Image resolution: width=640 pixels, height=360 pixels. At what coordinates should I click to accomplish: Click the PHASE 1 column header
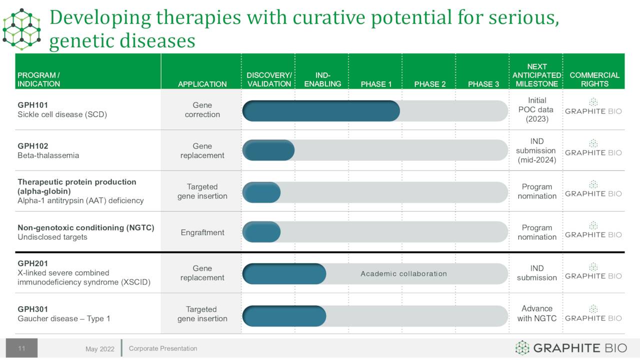pyautogui.click(x=376, y=84)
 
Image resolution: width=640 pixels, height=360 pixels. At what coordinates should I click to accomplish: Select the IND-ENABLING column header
pyautogui.click(x=322, y=79)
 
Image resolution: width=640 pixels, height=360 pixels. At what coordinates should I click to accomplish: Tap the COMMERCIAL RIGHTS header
pyautogui.click(x=594, y=79)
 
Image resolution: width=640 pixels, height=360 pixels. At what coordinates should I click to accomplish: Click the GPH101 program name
pyautogui.click(x=32, y=105)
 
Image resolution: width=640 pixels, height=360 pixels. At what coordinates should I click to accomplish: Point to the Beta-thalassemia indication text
pyautogui.click(x=48, y=155)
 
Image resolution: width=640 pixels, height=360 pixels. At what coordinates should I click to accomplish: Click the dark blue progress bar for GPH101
pyautogui.click(x=321, y=111)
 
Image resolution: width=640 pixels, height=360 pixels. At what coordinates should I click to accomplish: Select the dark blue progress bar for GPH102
pyautogui.click(x=268, y=150)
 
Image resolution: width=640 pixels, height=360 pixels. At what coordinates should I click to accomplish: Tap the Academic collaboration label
pyautogui.click(x=403, y=273)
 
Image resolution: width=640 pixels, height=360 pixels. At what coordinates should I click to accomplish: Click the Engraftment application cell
pyautogui.click(x=202, y=232)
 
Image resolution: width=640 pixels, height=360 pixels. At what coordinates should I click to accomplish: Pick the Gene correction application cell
pyautogui.click(x=202, y=109)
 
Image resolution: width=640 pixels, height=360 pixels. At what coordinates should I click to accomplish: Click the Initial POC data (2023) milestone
pyautogui.click(x=536, y=109)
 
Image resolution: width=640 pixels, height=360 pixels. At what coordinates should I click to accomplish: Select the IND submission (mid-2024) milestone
pyautogui.click(x=536, y=150)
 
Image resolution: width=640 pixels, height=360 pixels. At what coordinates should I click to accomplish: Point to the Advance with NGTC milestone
pyautogui.click(x=536, y=313)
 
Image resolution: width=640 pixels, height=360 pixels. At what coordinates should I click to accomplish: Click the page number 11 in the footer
pyautogui.click(x=21, y=348)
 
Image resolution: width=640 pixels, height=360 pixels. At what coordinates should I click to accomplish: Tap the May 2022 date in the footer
pyautogui.click(x=99, y=349)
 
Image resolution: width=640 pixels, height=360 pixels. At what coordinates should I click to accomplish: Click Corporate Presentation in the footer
pyautogui.click(x=163, y=348)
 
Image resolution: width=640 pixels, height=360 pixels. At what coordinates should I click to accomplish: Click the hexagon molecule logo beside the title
pyautogui.click(x=21, y=29)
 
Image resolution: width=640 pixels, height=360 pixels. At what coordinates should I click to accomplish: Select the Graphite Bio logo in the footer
pyautogui.click(x=571, y=347)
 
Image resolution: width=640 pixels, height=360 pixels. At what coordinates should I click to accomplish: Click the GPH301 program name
pyautogui.click(x=32, y=309)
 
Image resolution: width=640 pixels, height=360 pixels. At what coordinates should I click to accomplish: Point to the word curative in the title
pyautogui.click(x=329, y=17)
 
